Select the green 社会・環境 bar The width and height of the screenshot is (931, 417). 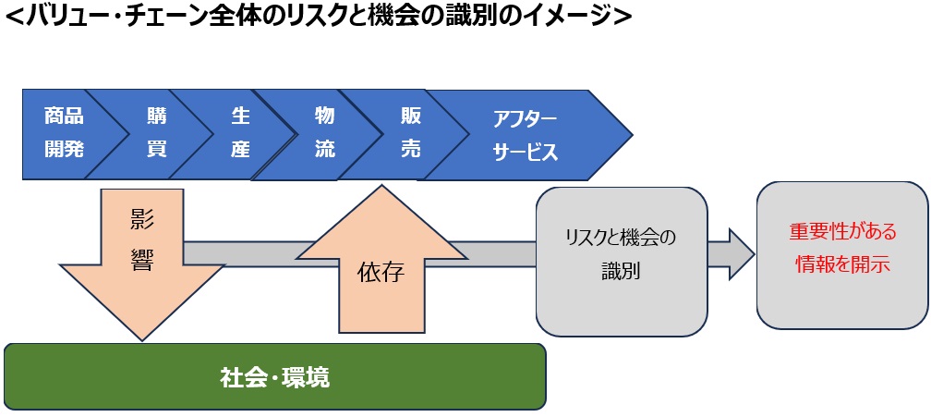pos(275,377)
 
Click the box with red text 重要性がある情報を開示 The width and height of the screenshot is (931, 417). pos(841,254)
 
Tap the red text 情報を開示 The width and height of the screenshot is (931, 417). pos(841,264)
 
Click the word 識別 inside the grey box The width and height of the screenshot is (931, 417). pos(621,274)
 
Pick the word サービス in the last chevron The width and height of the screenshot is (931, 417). pos(525,153)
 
